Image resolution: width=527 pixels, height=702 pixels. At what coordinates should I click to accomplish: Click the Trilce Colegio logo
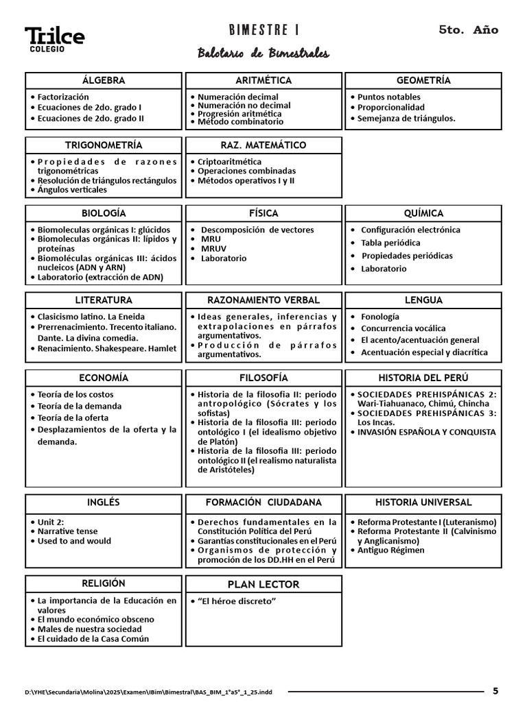(55, 39)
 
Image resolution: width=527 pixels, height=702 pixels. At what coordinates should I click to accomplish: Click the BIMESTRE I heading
(263, 30)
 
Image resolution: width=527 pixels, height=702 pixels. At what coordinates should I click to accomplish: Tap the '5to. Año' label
(468, 30)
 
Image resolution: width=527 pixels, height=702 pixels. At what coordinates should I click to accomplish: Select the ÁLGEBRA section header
(104, 80)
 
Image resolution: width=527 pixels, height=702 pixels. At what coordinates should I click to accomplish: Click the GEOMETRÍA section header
(423, 80)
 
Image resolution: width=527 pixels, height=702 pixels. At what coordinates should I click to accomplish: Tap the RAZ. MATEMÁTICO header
(263, 145)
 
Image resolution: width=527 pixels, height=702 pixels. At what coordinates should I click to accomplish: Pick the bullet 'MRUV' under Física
(213, 249)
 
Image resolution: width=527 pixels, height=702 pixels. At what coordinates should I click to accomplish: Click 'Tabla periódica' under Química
(390, 243)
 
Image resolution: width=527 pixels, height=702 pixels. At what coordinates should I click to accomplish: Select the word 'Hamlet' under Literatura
(162, 348)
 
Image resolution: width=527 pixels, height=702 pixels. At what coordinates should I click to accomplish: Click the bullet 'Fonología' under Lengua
(379, 317)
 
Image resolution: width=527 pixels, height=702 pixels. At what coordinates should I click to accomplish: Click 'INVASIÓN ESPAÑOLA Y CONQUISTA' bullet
(426, 433)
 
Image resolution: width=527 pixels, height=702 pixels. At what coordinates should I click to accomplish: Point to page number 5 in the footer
(495, 690)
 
